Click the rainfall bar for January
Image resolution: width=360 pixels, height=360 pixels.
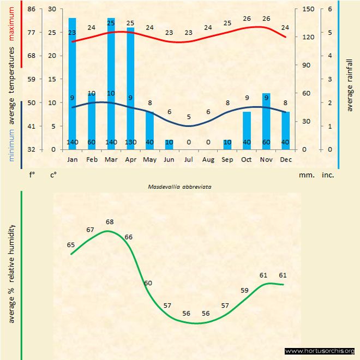[x=72, y=82]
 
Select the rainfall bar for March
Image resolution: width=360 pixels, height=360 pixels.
[x=111, y=82]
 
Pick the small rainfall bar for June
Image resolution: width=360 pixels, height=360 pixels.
[x=169, y=145]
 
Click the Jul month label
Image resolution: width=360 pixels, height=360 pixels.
[x=188, y=159]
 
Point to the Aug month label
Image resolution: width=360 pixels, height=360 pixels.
[x=208, y=159]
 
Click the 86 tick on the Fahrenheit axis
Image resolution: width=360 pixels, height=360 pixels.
[x=31, y=9]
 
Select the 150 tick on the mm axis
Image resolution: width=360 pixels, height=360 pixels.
[x=308, y=9]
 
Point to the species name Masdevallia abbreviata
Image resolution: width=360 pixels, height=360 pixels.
[x=180, y=186]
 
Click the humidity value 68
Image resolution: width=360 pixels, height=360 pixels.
[x=110, y=222]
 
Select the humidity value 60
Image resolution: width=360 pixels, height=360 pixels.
[x=148, y=283]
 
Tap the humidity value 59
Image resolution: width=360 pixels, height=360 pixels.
[x=244, y=290]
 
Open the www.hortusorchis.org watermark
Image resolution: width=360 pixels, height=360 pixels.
[x=320, y=351]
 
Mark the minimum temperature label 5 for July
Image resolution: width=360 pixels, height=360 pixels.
[x=188, y=117]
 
